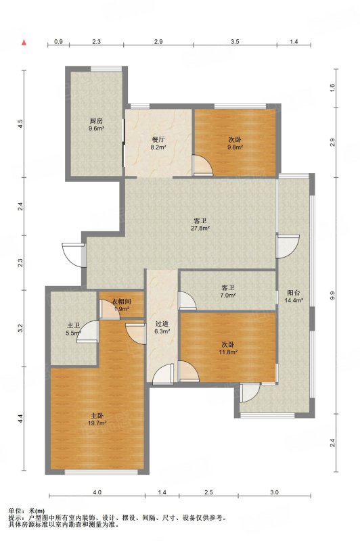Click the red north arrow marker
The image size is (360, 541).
tap(24, 43)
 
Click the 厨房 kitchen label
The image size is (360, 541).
tap(96, 121)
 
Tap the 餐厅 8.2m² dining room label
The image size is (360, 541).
tap(159, 143)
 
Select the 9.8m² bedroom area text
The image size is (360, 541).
tap(235, 147)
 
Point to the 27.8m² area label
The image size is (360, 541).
tap(200, 228)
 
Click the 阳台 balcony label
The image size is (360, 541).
tap(294, 293)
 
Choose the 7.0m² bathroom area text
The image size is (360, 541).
tap(228, 296)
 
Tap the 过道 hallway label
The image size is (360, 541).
tap(162, 324)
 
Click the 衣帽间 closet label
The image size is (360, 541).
tap(122, 302)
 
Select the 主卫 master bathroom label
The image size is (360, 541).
tap(73, 325)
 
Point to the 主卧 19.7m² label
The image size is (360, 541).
tap(97, 419)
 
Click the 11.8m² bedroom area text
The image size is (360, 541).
tap(228, 352)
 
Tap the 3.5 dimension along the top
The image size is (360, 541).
tap(235, 42)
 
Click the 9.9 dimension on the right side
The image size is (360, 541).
tap(332, 296)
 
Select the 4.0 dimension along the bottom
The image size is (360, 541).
tap(97, 492)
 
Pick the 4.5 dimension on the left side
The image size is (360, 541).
tap(21, 124)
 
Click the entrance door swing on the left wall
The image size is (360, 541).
tap(74, 255)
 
